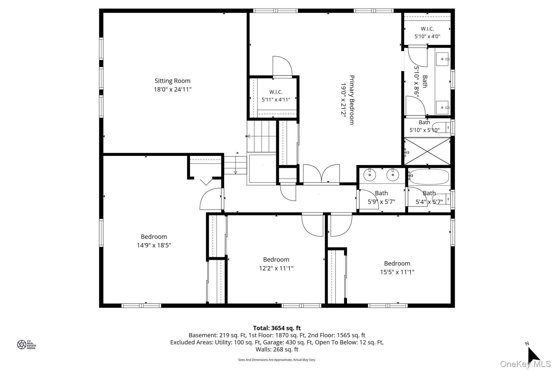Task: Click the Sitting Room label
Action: (172, 81)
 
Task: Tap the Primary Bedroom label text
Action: (352, 100)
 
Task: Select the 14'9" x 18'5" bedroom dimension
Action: (154, 245)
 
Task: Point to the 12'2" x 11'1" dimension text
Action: (276, 268)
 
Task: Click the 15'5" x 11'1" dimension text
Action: (397, 272)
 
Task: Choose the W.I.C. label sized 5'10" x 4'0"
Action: (427, 29)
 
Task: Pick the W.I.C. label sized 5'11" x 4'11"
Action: (276, 92)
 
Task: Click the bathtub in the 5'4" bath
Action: (429, 177)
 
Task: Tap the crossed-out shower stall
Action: (427, 151)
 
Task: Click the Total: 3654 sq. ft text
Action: (277, 328)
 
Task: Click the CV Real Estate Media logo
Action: (27, 344)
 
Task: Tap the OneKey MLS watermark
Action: (525, 364)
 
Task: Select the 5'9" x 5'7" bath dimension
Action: (381, 202)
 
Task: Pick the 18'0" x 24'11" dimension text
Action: (173, 89)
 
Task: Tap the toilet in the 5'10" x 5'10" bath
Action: (442, 127)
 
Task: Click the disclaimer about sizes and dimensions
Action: (277, 360)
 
